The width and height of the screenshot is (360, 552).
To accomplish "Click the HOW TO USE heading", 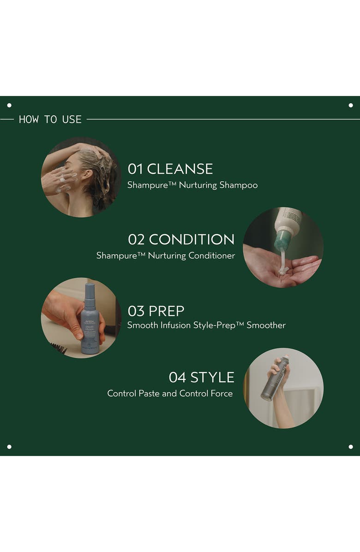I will pos(50,120).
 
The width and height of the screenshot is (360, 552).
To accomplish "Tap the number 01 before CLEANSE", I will pos(136,169).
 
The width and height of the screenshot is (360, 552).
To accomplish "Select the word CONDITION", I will pos(192,240).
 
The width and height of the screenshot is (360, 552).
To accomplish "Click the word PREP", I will pos(167,311).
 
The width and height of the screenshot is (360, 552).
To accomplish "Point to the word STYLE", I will pos(212,378).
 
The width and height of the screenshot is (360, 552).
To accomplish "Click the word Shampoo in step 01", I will pos(239,185).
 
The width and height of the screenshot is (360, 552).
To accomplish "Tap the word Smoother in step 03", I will pos(266,325).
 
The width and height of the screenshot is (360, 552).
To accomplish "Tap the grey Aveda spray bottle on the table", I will pos(90,321).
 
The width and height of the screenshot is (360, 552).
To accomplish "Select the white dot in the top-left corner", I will pos(9,105).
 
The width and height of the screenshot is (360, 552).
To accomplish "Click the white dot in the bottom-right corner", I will pos(351,447).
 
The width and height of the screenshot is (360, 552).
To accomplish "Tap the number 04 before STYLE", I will pos(177,378).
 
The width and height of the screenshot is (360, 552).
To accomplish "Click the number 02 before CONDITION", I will pos(137,240).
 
